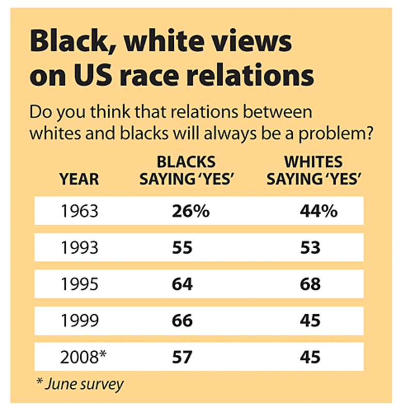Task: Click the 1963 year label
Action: coord(79,211)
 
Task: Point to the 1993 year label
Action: coord(79,248)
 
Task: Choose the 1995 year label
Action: coord(79,284)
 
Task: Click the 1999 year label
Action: coord(79,320)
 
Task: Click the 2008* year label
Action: coord(83,356)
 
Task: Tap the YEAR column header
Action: coord(79,179)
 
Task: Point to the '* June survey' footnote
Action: coord(80,384)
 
